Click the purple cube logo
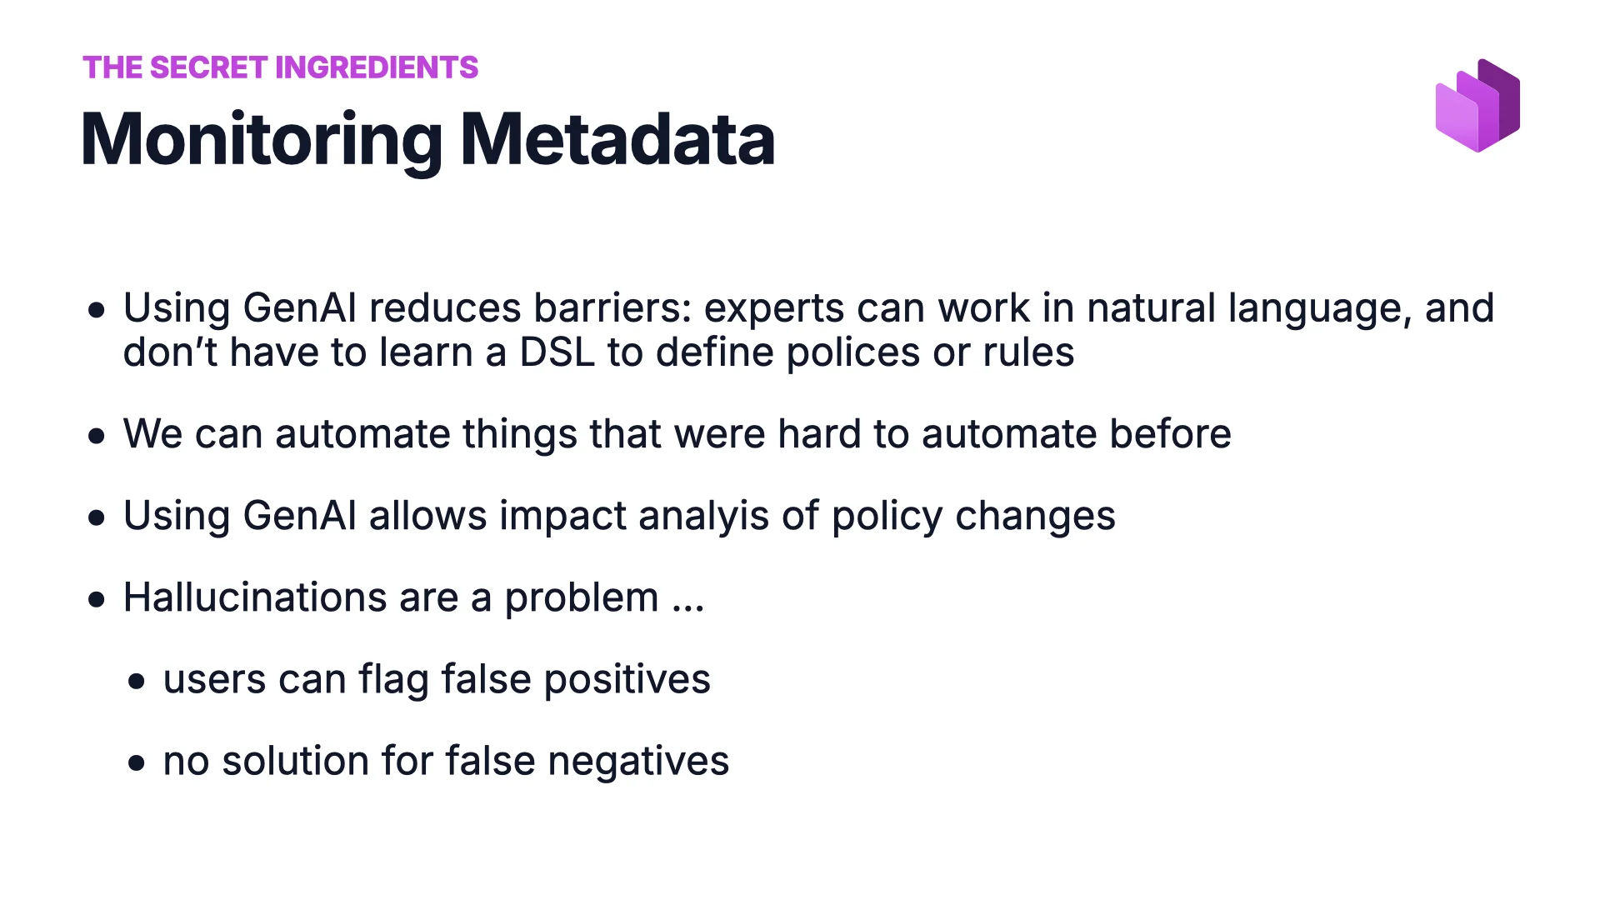pyautogui.click(x=1477, y=106)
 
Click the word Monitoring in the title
pyautogui.click(x=261, y=140)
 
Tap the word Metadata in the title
pyautogui.click(x=617, y=140)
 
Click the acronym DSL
pyautogui.click(x=557, y=352)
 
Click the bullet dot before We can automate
pyautogui.click(x=97, y=435)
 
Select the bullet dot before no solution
pyautogui.click(x=137, y=762)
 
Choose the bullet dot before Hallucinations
pyautogui.click(x=97, y=599)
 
